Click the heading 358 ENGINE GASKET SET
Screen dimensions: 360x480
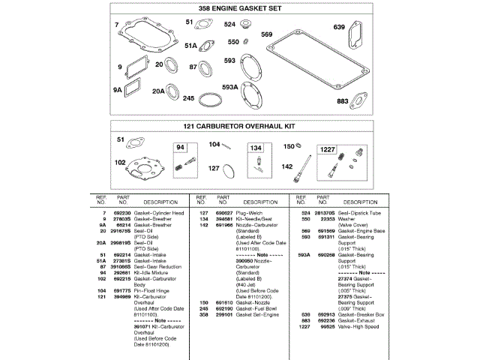(x=239, y=8)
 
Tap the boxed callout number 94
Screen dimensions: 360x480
(x=180, y=148)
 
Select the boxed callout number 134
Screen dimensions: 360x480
(x=256, y=148)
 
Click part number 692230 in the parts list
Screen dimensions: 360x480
(x=121, y=214)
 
